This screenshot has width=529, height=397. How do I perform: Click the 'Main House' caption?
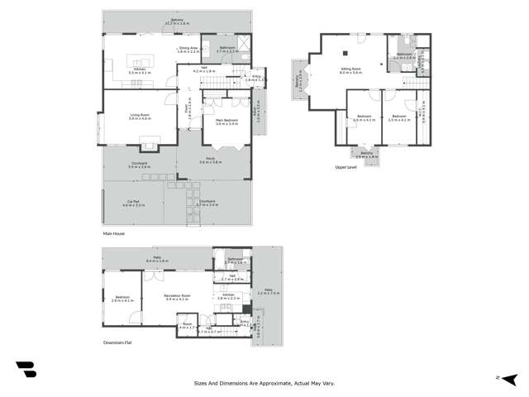[x=112, y=234]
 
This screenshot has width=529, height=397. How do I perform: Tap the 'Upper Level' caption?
[x=346, y=165]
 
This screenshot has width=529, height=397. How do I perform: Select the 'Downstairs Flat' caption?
[x=117, y=342]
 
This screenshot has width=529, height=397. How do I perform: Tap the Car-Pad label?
[x=134, y=203]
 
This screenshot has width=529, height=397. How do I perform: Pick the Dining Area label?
[x=188, y=50]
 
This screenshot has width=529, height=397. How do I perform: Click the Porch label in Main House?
[x=211, y=160]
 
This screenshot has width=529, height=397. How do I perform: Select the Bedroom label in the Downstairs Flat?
[x=122, y=299]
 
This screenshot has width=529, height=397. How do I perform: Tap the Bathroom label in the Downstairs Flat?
[x=235, y=260]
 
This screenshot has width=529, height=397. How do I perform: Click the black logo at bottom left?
[x=26, y=370]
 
